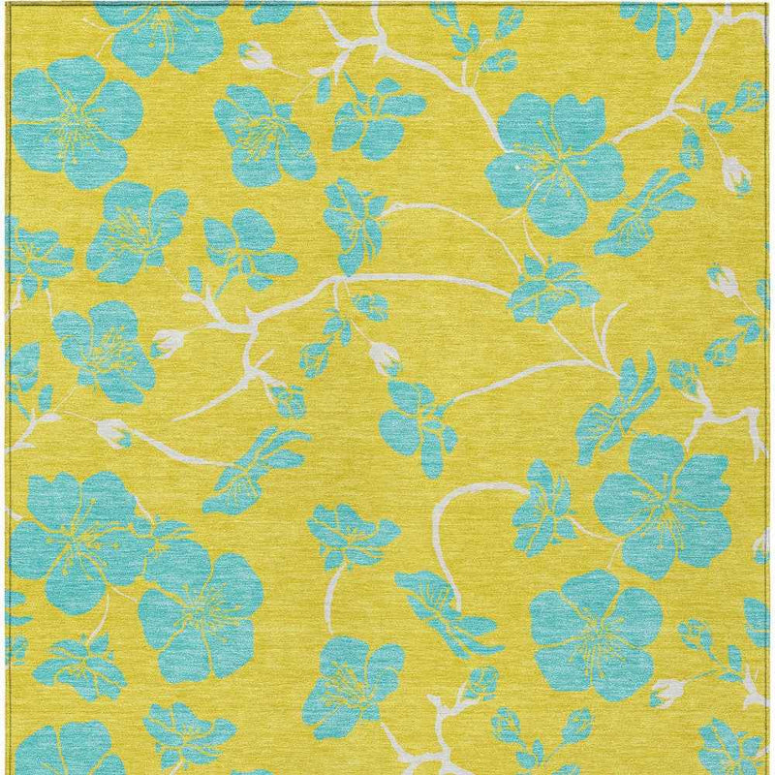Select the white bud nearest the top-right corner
click(736, 175)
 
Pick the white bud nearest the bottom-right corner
click(667, 691)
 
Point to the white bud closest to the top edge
click(258, 54)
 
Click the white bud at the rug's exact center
click(386, 359)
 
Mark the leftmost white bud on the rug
click(115, 432)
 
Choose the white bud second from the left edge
click(170, 341)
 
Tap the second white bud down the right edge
click(722, 280)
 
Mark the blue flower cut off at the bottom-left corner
click(68, 751)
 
